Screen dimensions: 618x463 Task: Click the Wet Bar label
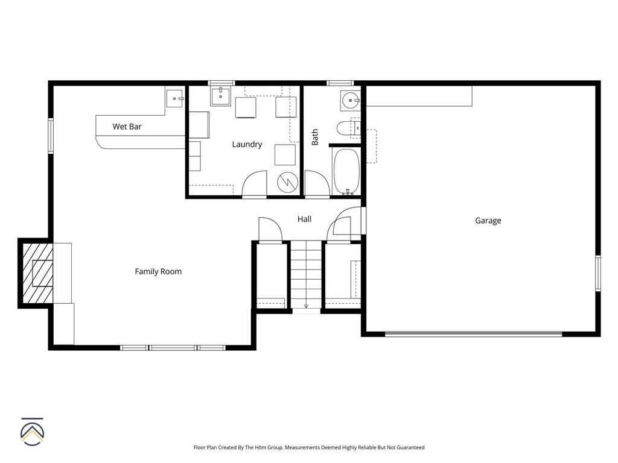coord(127,127)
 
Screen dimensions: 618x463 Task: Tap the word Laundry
coord(247,145)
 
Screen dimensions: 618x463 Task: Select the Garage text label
coord(488,221)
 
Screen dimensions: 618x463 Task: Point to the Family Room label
coord(158,271)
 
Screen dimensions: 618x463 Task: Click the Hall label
coord(304,219)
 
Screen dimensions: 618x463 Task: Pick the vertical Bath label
coord(315,137)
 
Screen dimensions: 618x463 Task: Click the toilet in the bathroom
coord(348,128)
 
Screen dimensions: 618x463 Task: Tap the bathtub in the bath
coord(346,172)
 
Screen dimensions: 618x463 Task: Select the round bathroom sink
coord(351,101)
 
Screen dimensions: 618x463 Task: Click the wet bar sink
coord(175,98)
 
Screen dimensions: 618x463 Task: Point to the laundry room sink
coord(221,96)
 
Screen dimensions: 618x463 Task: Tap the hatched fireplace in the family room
coord(37,273)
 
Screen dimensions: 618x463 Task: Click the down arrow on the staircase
coord(306,306)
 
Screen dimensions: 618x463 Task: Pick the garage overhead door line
coord(473,333)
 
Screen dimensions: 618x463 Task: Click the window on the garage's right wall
coord(598,273)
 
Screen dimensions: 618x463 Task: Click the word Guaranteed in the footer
coord(410,447)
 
